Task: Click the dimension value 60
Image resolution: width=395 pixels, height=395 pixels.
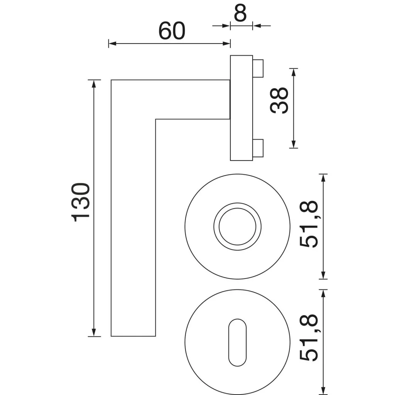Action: coord(172,31)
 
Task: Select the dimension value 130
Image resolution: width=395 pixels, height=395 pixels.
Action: coord(81,202)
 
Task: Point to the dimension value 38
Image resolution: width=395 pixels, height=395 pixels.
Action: coord(279,100)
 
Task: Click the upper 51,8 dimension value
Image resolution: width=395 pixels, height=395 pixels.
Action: coord(309,224)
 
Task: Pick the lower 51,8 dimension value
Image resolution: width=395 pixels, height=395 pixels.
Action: coord(309,338)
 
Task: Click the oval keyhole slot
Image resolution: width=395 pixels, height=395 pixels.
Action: coord(237,343)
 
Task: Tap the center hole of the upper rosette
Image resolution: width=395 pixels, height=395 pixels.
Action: coord(237,226)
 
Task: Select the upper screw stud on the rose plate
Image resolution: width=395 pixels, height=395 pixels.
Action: coord(258,68)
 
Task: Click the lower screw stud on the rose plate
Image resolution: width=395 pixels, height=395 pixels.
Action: coord(258,148)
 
